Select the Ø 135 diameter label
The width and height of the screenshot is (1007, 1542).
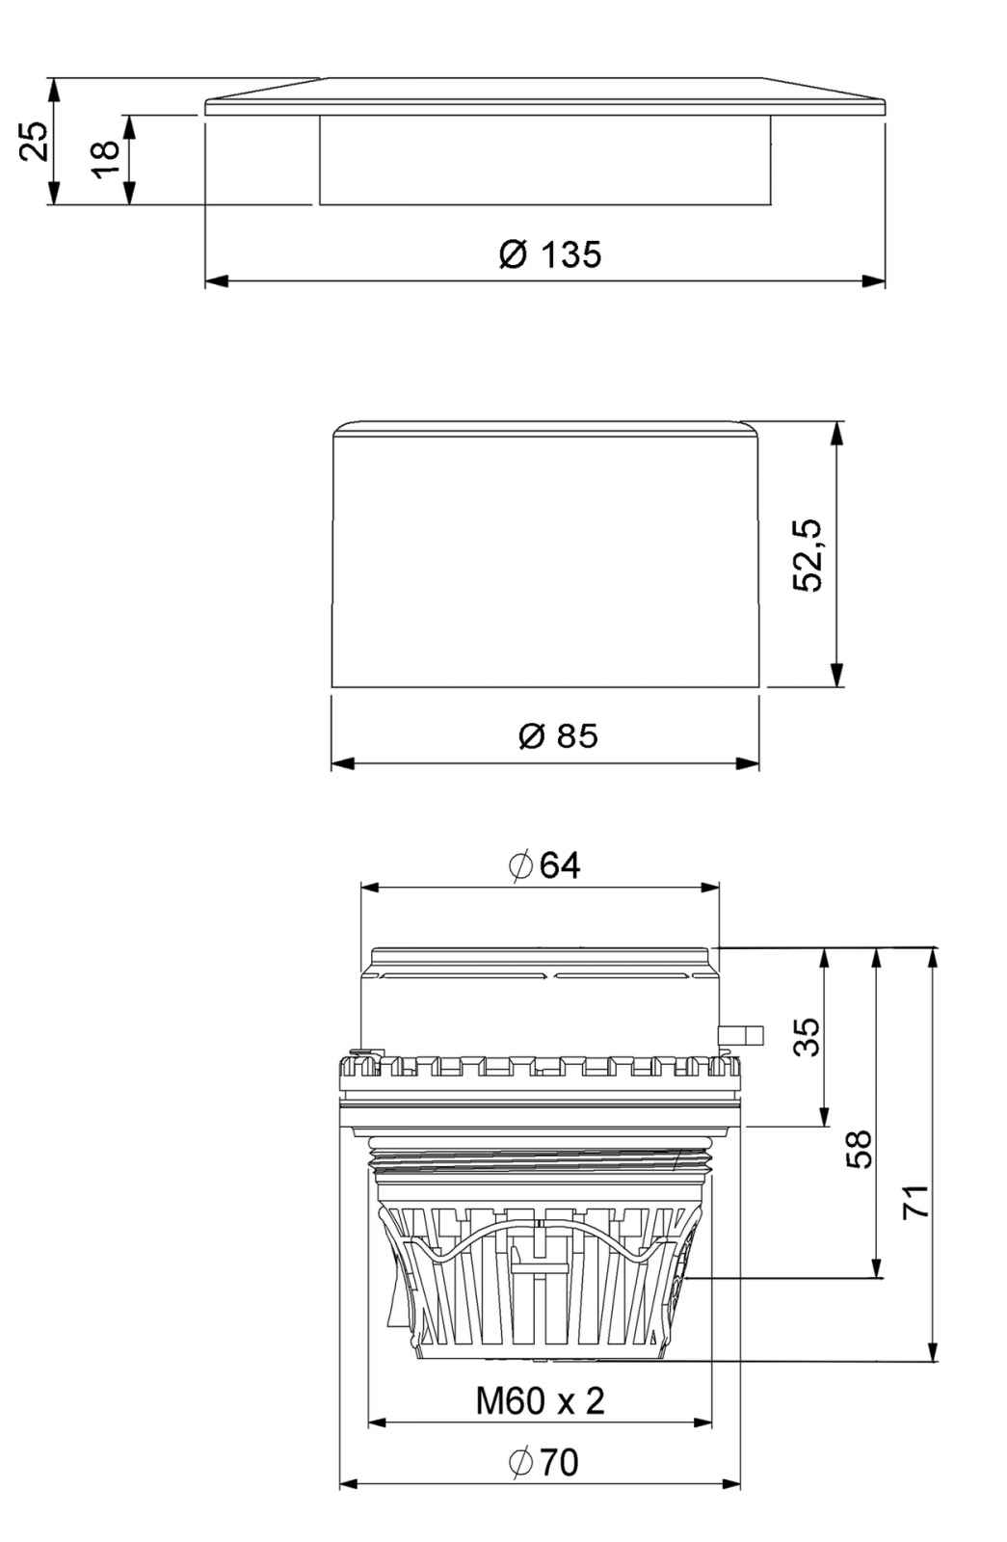pyautogui.click(x=550, y=255)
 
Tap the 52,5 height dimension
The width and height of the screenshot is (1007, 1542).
pyautogui.click(x=808, y=554)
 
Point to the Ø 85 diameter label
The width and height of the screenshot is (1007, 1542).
pyautogui.click(x=558, y=736)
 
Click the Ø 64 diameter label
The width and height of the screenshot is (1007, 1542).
pyautogui.click(x=544, y=865)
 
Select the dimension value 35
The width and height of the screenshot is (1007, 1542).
pyautogui.click(x=808, y=1037)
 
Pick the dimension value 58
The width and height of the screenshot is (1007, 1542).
pyautogui.click(x=859, y=1149)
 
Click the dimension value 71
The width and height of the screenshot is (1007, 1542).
pyautogui.click(x=915, y=1201)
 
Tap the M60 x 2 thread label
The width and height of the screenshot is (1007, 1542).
pyautogui.click(x=540, y=1401)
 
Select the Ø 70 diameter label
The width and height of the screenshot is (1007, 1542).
pyautogui.click(x=543, y=1463)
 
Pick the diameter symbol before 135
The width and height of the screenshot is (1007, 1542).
pyautogui.click(x=515, y=255)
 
